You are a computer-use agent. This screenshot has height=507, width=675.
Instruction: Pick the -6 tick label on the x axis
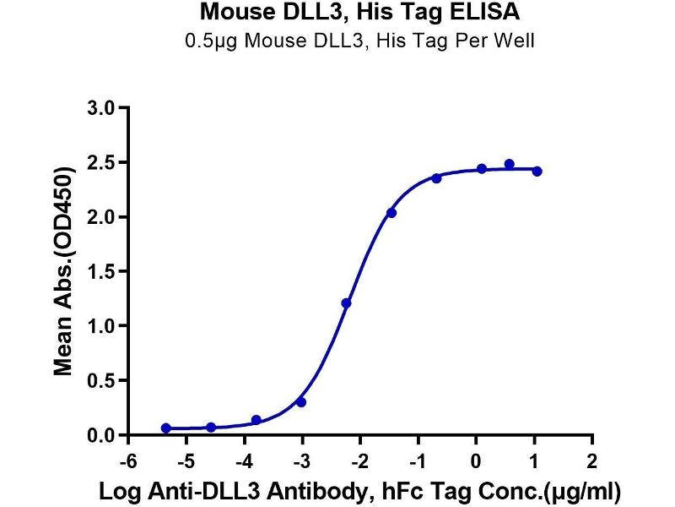click(x=126, y=462)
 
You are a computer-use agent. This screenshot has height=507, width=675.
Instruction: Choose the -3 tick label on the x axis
click(x=300, y=462)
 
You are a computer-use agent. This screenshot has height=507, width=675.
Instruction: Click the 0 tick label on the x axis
click(x=478, y=462)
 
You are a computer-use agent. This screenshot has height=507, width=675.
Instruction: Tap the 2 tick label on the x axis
click(x=593, y=462)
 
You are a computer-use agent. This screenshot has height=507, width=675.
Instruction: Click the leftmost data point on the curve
click(x=165, y=428)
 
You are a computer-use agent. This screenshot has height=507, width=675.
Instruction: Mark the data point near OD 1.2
click(x=346, y=303)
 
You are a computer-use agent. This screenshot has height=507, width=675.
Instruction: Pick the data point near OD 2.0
click(x=391, y=213)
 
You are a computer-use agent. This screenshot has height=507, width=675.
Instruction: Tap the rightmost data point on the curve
click(x=537, y=171)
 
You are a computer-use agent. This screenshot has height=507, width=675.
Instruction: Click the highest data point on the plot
click(x=509, y=164)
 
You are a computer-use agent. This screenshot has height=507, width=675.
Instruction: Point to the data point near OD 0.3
click(x=301, y=401)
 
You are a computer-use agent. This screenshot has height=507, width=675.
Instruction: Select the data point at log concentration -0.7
click(x=436, y=177)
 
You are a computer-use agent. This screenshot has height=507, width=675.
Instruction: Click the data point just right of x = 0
click(x=482, y=169)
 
